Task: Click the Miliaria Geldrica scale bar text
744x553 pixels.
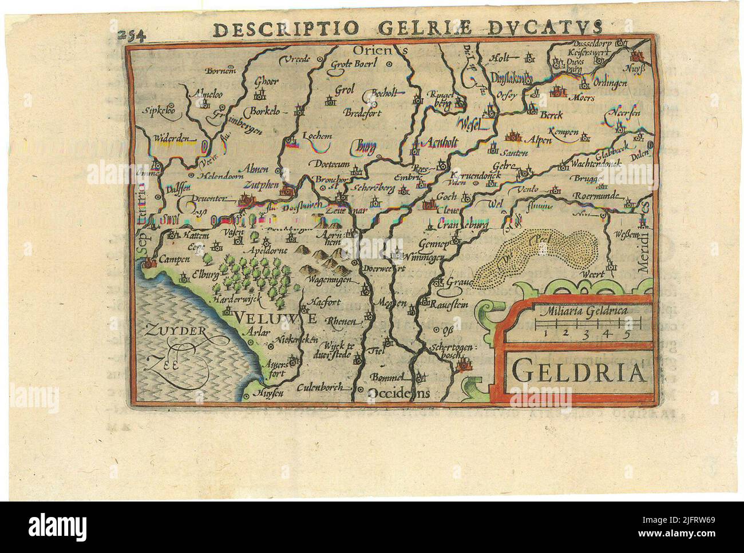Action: tap(581, 312)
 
